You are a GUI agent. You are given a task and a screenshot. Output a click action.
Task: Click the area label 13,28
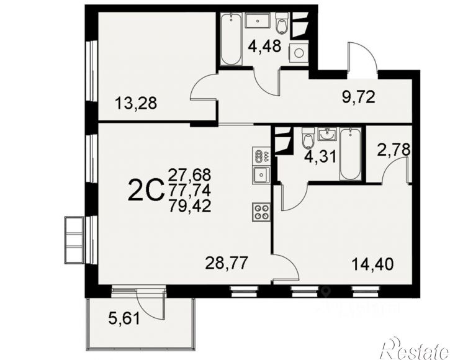coord(136,104)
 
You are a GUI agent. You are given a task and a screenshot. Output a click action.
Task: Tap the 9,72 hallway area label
coord(359,97)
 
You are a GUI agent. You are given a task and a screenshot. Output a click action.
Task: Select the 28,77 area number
coord(226,263)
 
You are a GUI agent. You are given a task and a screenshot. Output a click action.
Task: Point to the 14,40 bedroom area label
coord(372,264)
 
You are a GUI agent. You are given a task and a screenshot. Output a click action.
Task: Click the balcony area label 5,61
coord(124,318)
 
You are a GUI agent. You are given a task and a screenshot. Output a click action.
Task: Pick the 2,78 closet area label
coord(394,150)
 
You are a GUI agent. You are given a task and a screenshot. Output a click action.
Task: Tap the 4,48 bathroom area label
coord(264,46)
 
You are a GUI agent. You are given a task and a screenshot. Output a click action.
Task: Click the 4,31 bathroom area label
coord(320,157)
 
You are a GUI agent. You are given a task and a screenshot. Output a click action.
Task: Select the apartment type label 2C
coord(145,191)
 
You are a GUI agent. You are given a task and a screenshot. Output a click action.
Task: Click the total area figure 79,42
coord(190,206)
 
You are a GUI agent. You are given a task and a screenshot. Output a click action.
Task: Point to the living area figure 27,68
coord(190,174)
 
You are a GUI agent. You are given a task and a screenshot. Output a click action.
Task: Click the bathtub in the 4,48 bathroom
coord(231,39)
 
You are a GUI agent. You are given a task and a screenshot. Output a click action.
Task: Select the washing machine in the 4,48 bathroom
coord(299,53)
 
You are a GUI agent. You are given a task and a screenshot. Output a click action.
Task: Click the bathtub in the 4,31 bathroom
coord(350,155)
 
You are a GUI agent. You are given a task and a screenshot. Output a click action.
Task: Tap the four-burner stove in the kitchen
coord(261,212)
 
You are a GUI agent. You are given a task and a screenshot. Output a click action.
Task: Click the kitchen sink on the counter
coord(261,175)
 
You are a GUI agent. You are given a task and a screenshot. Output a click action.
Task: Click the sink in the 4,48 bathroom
coord(258,20)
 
